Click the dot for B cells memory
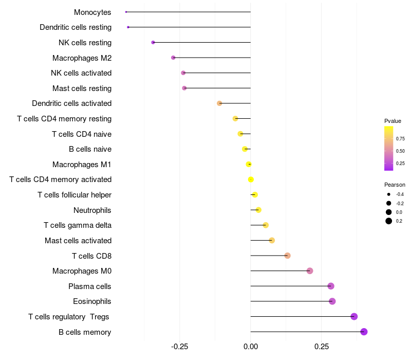point(364,332)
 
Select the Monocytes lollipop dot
point(126,12)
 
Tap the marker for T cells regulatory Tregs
point(354,316)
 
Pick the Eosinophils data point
point(332,301)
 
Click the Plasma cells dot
point(331,286)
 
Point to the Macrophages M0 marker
point(310,271)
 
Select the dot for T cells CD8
point(288,256)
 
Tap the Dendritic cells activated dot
point(219,103)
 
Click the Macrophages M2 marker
point(173,58)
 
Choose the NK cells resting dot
point(153,42)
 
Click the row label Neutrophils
point(92,210)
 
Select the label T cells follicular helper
point(74,195)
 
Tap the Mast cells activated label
point(78,241)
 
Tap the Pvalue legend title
point(393,121)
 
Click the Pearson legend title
point(395,185)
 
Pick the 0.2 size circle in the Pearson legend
point(389,221)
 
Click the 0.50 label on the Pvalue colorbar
point(400,151)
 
